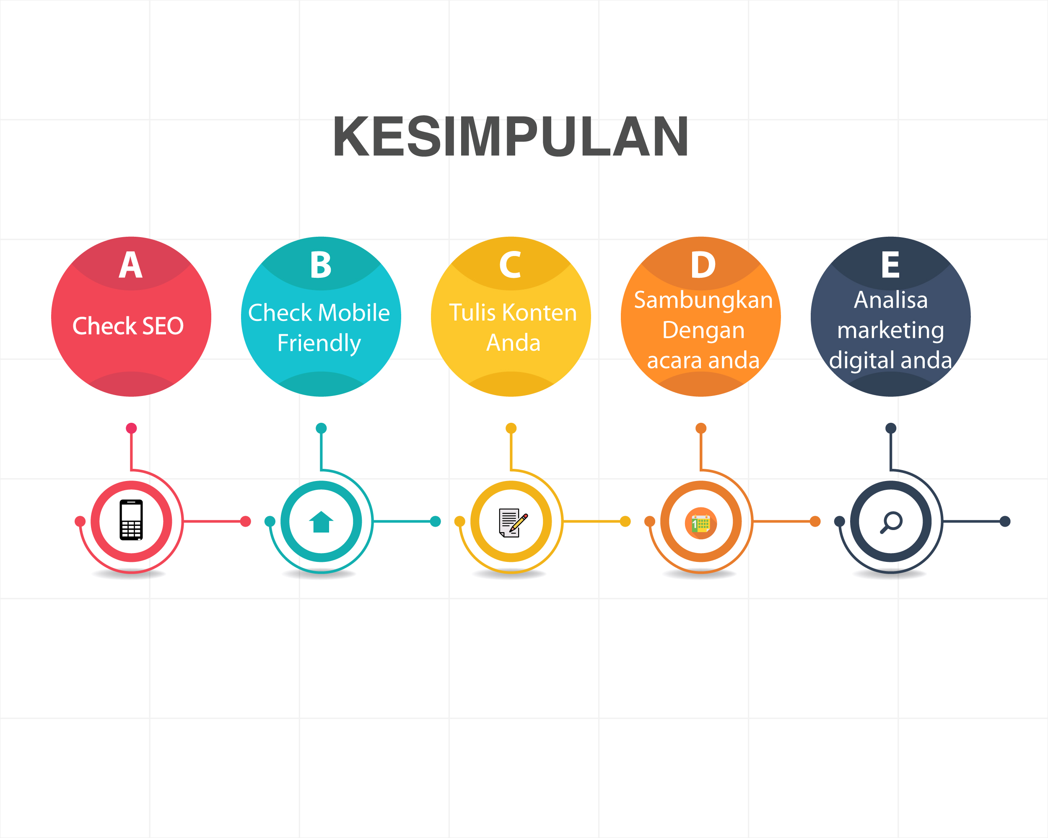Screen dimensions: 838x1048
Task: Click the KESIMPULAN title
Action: tap(511, 137)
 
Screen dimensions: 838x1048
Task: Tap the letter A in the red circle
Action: tap(131, 265)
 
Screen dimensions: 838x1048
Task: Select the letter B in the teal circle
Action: tap(321, 265)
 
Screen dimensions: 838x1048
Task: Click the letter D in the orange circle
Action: tap(703, 265)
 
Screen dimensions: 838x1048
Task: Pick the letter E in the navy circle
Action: tap(890, 265)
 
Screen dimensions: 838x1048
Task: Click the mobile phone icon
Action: tap(131, 520)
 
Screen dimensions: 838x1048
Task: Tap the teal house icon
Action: tap(321, 522)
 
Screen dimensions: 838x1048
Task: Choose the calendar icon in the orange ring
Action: tap(701, 523)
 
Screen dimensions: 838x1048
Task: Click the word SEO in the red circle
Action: tap(163, 326)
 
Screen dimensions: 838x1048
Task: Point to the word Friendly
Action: tap(319, 344)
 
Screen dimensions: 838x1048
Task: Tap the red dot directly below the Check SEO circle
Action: tap(131, 428)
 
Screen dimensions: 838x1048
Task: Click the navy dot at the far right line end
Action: tap(1005, 521)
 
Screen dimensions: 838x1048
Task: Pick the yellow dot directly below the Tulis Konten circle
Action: tap(511, 428)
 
